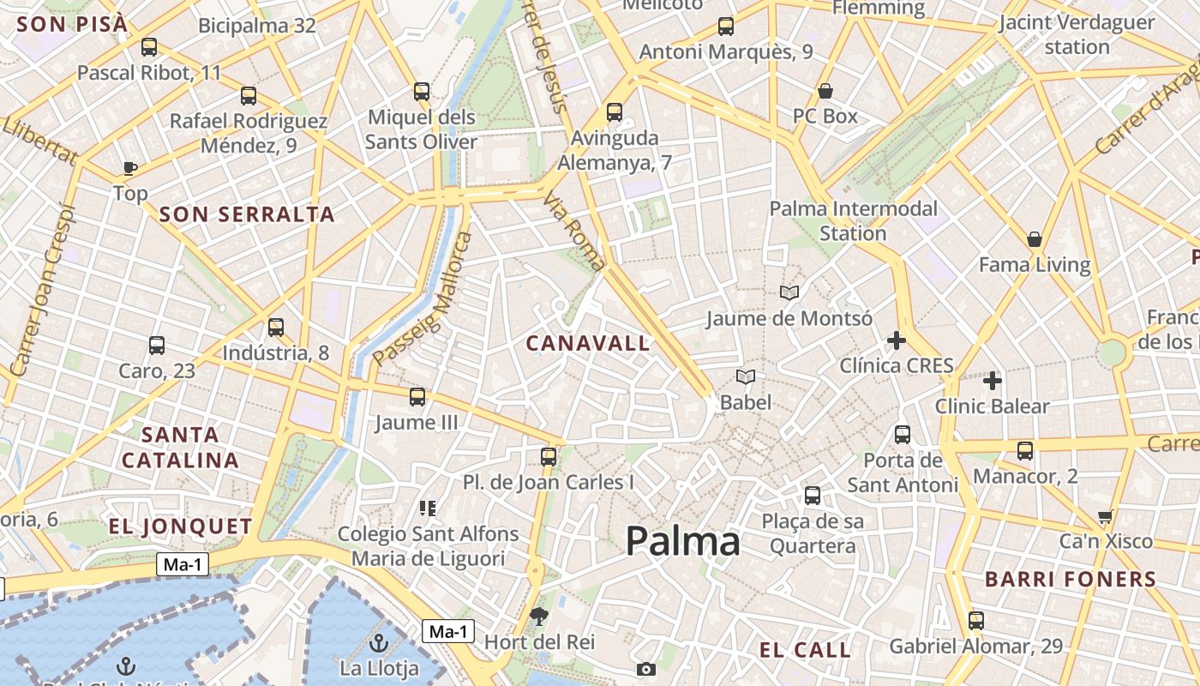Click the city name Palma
(x=682, y=542)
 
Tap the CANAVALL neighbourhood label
(x=588, y=344)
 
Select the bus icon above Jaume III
(x=417, y=397)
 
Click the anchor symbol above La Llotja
(x=378, y=642)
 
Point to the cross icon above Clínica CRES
(x=896, y=340)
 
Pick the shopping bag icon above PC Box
(x=825, y=91)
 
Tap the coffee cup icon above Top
(x=130, y=167)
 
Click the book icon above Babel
(x=746, y=376)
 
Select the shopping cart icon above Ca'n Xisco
(x=1105, y=516)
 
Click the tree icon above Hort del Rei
(x=539, y=615)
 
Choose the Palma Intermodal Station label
(x=853, y=220)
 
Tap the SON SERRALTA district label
(x=247, y=214)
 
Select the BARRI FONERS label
(x=1071, y=580)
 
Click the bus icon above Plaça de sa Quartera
(x=812, y=496)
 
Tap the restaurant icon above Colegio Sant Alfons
(x=428, y=508)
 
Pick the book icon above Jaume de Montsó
(x=789, y=293)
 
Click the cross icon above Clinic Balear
(x=993, y=380)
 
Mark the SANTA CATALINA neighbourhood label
(x=180, y=447)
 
